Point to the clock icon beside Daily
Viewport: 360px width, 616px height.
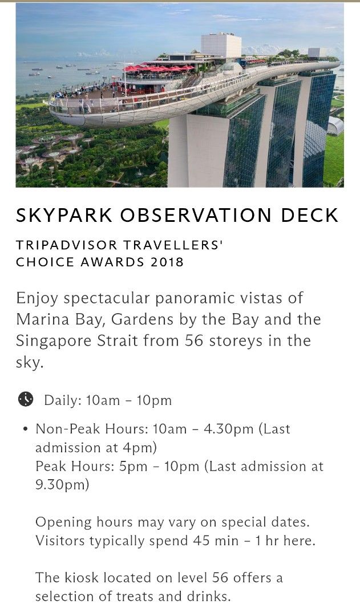click(x=26, y=399)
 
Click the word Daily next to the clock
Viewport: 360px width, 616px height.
click(x=63, y=400)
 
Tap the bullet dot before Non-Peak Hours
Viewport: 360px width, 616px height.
click(x=25, y=429)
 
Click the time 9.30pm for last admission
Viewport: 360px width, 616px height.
click(x=62, y=485)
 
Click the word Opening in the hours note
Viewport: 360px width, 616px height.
click(x=63, y=522)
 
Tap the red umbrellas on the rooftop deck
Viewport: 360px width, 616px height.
click(x=160, y=68)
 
